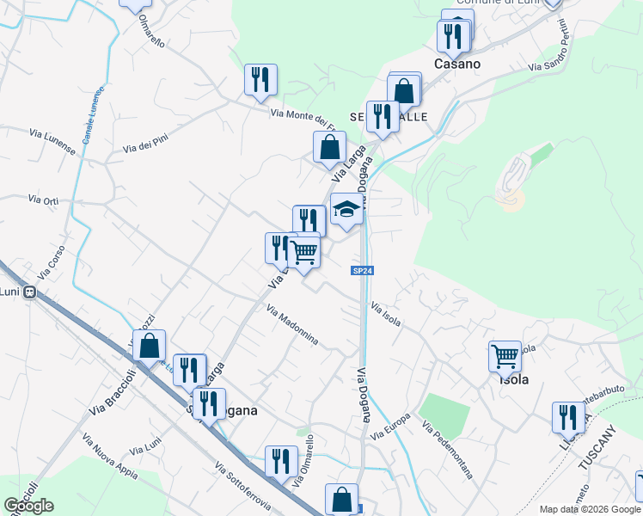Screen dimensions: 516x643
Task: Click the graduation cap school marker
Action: coord(346,210)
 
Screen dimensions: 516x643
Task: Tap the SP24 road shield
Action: coord(363,271)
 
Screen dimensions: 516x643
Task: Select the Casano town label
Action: coord(457,64)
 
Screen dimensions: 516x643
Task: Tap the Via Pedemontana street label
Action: coord(447,449)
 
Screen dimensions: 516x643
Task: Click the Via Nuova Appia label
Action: coord(113,455)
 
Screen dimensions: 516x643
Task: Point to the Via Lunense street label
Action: coord(52,142)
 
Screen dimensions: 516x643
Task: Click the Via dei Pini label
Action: coord(145,147)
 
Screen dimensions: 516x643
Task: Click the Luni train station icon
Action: coord(30,292)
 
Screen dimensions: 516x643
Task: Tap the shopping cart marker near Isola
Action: coord(505,354)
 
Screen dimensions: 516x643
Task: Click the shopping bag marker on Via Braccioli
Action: coord(150,346)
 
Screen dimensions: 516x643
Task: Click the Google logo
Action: coord(29,506)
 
